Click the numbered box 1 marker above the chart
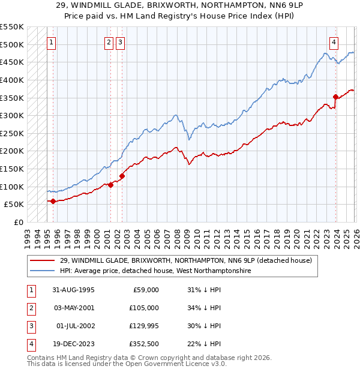point(52,43)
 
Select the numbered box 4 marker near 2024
point(334,43)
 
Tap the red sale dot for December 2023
point(335,97)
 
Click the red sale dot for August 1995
point(53,201)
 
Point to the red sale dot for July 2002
point(122,176)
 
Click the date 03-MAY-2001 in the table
point(73,308)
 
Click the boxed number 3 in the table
point(29,326)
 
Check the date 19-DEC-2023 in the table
point(73,344)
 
